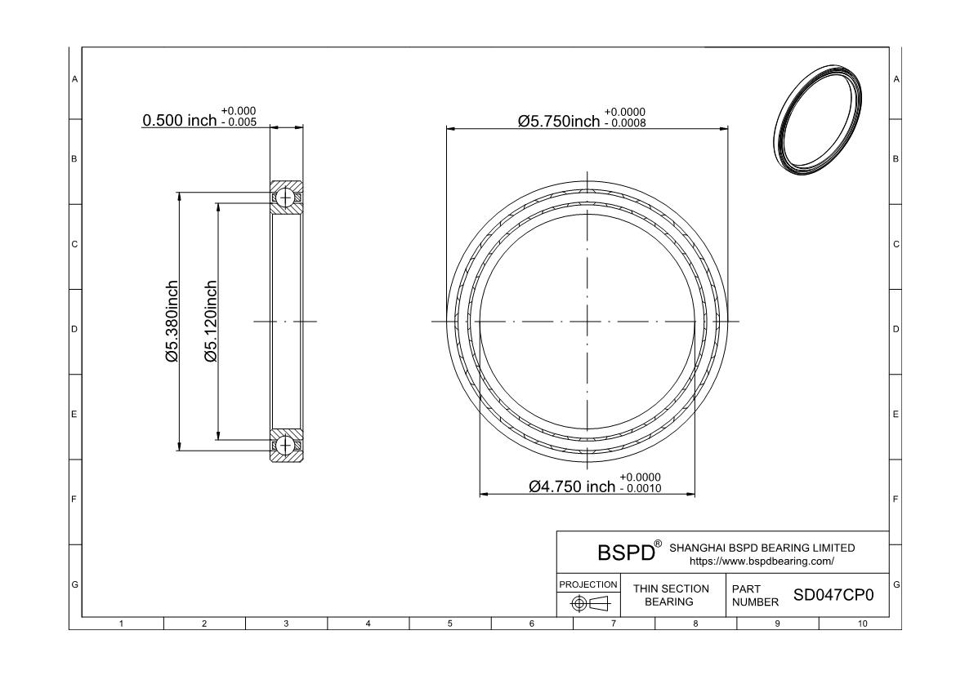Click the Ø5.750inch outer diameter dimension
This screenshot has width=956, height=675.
559,122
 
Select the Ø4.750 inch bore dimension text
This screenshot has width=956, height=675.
571,487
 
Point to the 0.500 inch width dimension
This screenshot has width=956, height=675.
179,121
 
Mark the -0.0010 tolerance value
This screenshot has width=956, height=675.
641,489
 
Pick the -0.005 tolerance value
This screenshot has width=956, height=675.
239,122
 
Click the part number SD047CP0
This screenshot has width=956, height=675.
833,595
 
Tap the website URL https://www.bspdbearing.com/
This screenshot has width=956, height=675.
762,562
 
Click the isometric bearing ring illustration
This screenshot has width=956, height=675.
818,120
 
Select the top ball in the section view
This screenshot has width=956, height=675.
285,197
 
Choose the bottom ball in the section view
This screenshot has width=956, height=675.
285,445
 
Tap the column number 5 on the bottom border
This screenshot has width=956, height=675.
449,624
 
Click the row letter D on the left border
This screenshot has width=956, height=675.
74,330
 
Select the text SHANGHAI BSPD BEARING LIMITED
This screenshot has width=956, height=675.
762,548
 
